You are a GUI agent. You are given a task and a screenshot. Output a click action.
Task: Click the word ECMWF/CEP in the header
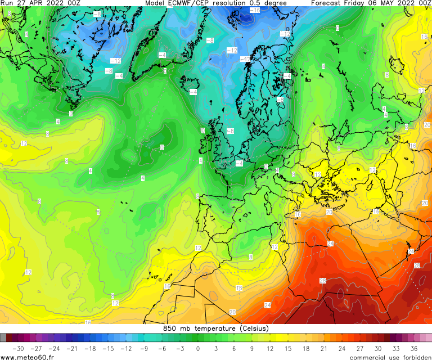pos(190,3)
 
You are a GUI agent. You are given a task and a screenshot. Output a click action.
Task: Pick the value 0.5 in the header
pos(256,3)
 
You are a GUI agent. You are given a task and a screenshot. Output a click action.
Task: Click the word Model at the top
pos(156,3)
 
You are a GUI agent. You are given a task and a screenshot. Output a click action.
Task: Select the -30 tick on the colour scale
pos(17,348)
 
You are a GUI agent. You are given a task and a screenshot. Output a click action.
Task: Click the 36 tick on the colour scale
pos(414,348)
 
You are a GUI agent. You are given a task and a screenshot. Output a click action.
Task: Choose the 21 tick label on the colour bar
pos(324,348)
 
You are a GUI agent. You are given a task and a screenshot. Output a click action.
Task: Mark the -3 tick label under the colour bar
pos(179,348)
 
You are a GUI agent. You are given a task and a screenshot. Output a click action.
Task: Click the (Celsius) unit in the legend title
pos(254,328)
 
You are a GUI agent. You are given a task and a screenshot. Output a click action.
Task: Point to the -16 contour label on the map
pos(254,10)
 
